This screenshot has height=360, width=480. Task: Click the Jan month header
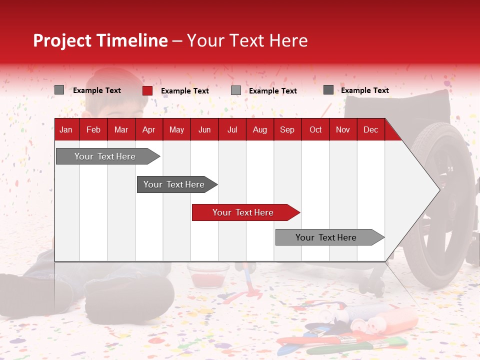(66, 129)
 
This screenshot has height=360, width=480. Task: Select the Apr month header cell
(148, 129)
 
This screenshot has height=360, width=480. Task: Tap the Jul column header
(232, 129)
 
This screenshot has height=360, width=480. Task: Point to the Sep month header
(287, 129)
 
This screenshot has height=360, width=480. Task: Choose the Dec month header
(370, 129)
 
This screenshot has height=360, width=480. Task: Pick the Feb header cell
(93, 129)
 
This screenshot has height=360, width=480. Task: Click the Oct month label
(315, 129)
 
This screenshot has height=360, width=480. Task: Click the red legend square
(147, 90)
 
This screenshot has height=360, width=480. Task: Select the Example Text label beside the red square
(185, 91)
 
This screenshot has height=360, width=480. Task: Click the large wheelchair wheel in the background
(442, 205)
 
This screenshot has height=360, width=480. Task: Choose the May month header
(176, 129)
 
